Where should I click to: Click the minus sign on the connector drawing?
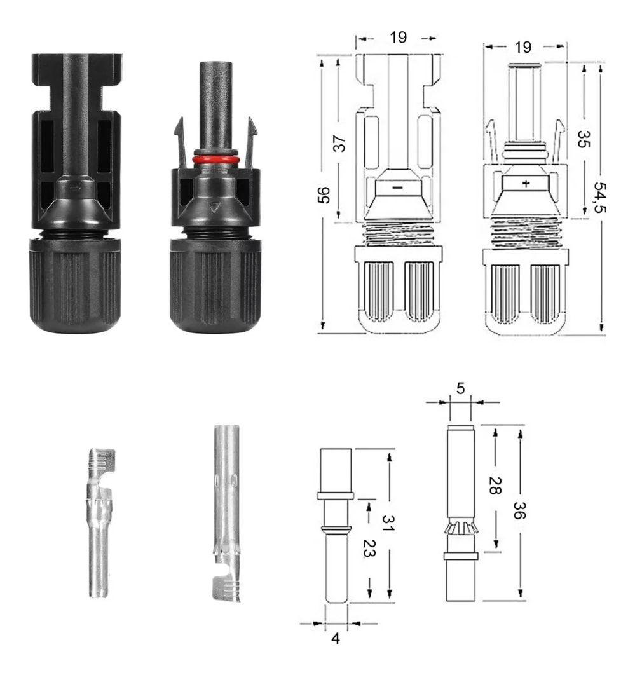[x=397, y=188]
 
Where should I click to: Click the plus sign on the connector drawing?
[x=526, y=183]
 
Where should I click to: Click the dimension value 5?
[x=460, y=388]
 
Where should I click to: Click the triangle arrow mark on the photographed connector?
[x=215, y=207]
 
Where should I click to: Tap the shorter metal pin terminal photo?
[x=99, y=521]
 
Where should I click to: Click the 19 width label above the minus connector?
[x=399, y=37]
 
